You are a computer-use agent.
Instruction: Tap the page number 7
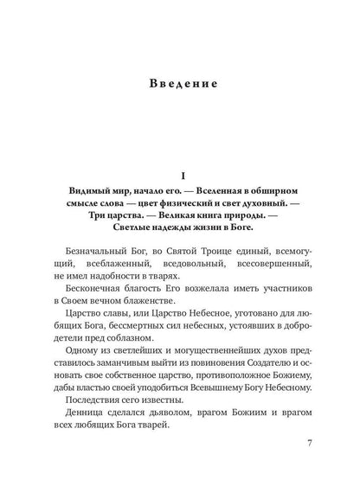coord(308,468)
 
